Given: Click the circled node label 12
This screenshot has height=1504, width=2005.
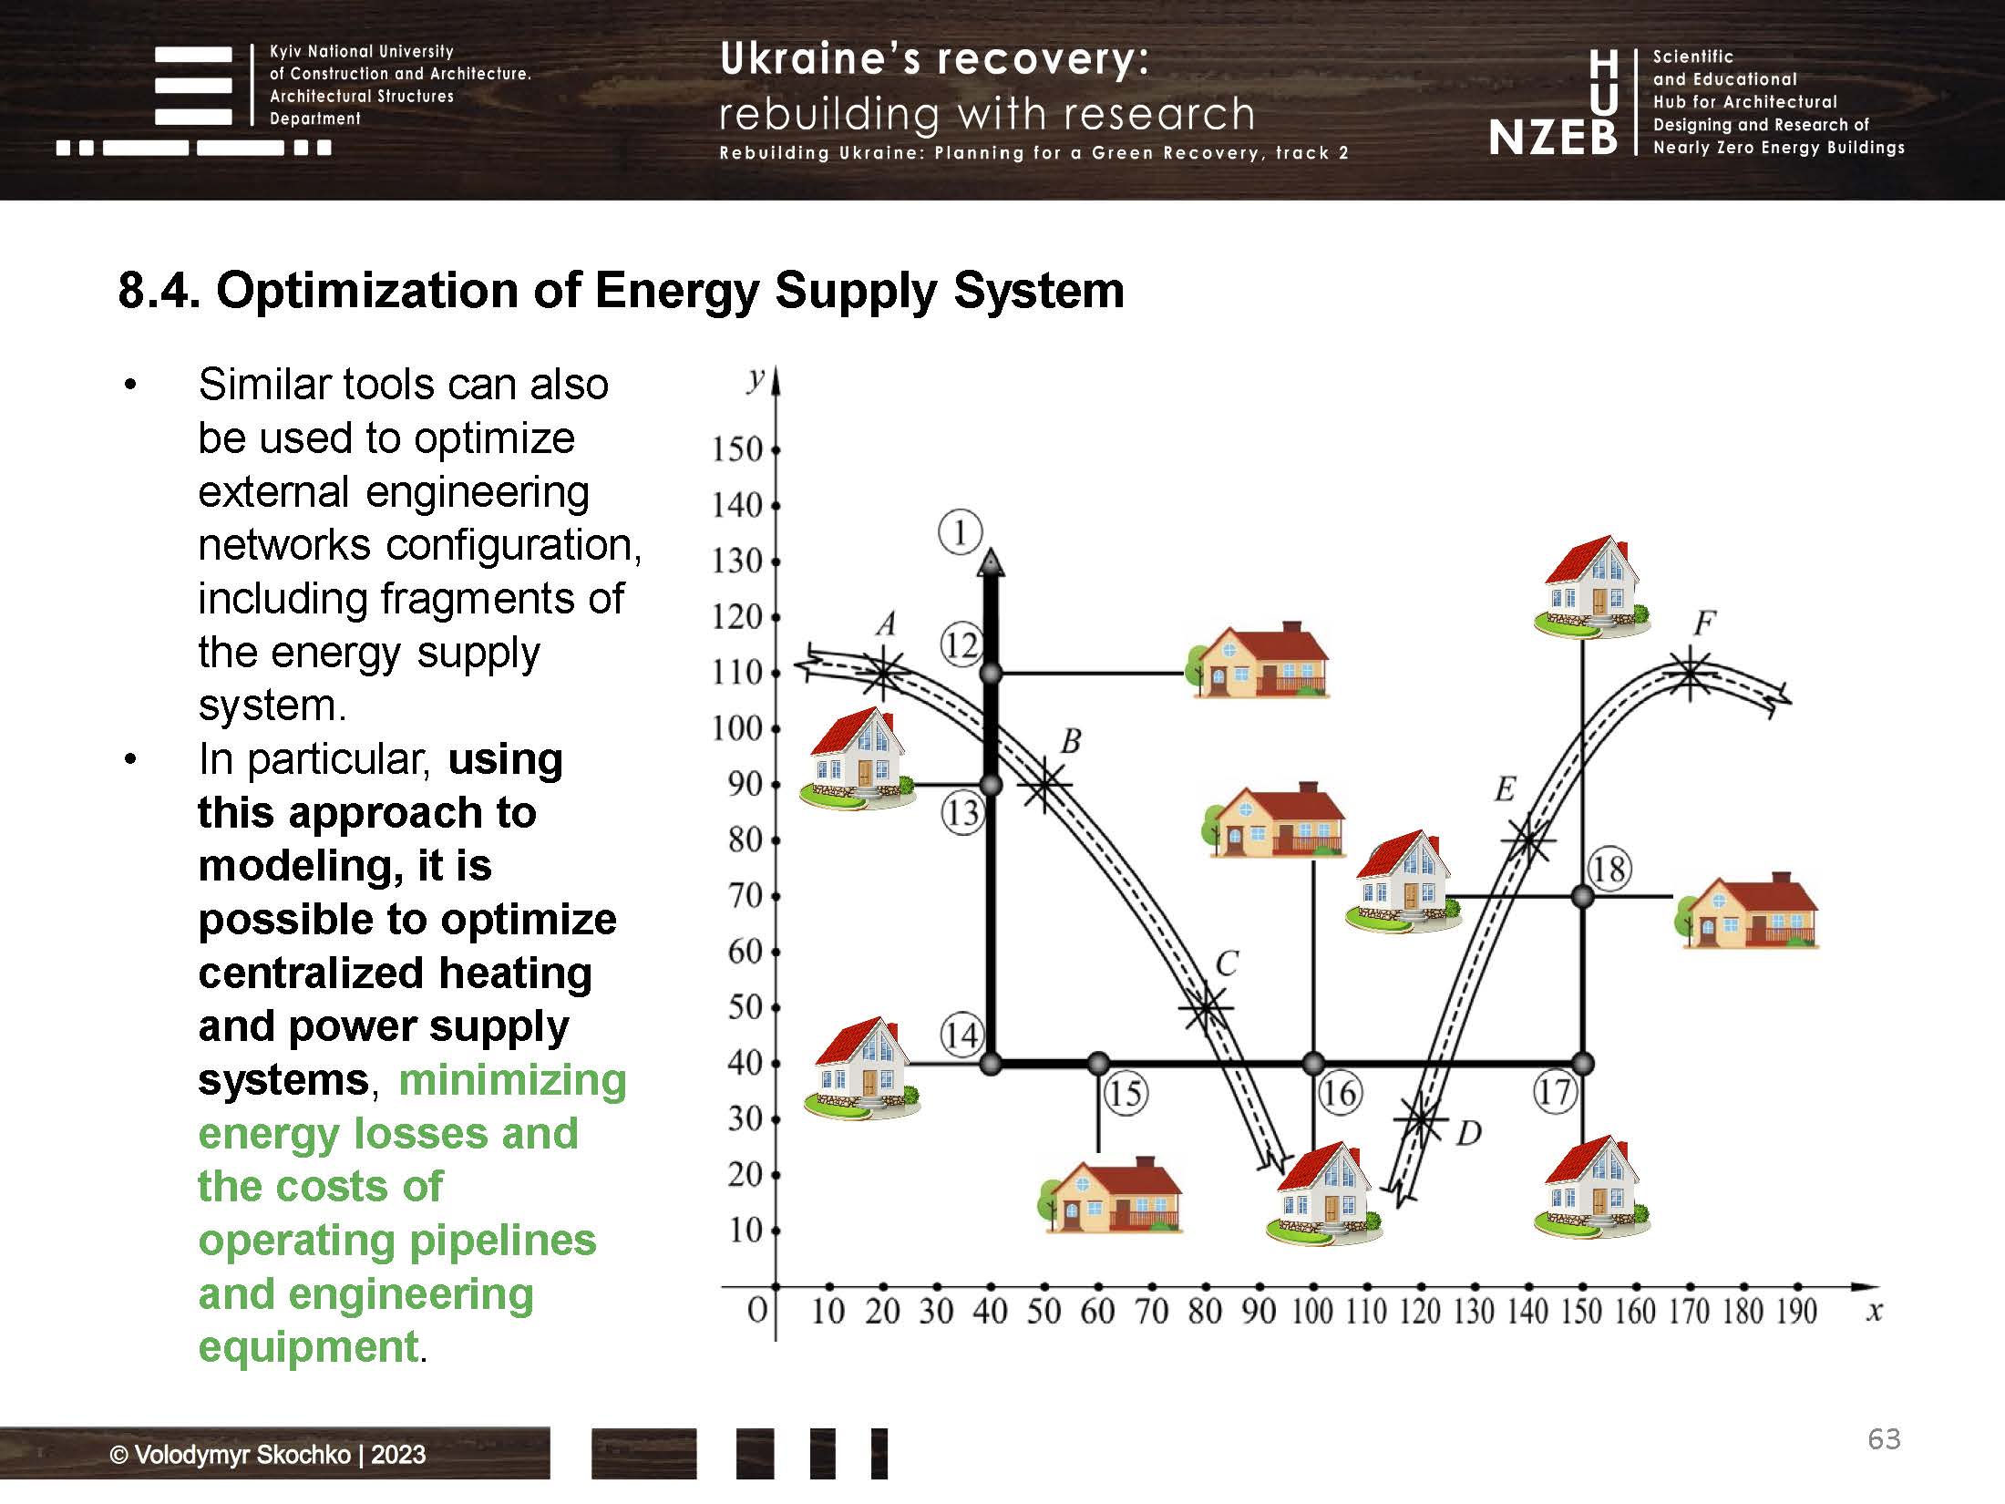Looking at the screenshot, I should (961, 645).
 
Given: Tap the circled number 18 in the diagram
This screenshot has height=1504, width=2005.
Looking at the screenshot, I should (1608, 869).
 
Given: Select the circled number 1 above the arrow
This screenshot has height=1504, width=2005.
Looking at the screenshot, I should (960, 532).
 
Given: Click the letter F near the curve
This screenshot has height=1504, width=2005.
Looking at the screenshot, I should (1704, 623).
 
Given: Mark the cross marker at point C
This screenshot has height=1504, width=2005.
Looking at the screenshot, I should (1206, 1007).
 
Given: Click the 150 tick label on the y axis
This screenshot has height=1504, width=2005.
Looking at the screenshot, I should (736, 449).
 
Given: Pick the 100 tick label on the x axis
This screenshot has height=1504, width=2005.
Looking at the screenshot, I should (1312, 1312).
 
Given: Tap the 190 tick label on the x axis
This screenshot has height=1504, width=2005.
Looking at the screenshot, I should (1795, 1312).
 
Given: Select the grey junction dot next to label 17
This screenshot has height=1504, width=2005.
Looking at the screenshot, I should (1583, 1063).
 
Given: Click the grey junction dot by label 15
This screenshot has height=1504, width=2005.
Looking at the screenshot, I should (1098, 1063).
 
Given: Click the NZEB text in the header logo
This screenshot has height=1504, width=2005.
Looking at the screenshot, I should (1553, 138).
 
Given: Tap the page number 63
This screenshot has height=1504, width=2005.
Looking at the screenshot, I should (1884, 1438).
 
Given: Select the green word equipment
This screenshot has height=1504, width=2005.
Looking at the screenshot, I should (308, 1346).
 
